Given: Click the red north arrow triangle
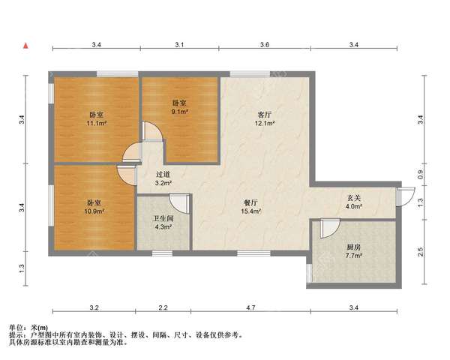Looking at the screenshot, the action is pos(25,46).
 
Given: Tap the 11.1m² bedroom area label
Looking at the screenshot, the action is pos(97,124).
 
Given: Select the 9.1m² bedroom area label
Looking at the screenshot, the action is pos(180,112).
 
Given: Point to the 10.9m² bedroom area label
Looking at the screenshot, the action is pos(95,211).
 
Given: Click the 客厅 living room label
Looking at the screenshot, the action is pos(265,115).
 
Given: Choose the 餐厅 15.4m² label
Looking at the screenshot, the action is pos(250,207).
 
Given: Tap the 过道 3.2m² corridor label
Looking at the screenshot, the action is pos(163,178).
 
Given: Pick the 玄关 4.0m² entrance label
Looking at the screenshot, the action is pos(354,202).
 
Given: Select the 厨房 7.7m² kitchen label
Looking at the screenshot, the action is pos(353,251).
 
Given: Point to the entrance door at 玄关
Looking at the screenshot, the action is pos(405,196).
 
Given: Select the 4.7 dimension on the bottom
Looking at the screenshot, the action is pos(250,307).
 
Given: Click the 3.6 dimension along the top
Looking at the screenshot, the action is pos(265,45).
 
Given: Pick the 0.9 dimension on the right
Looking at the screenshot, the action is pos(421,175).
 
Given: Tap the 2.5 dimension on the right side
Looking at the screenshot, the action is pos(421,252).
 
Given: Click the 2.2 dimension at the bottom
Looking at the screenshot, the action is pos(163,307).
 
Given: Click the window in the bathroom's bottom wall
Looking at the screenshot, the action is pos(162,253).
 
